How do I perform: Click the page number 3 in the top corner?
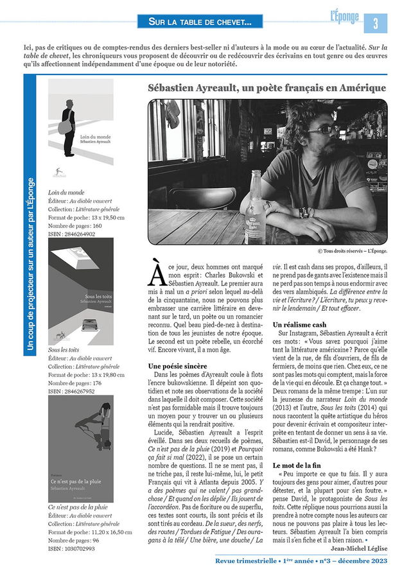[x=376, y=23]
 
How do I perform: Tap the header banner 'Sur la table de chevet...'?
[x=200, y=22]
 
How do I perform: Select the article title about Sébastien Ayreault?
[x=267, y=87]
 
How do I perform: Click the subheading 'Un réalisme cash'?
[x=299, y=325]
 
